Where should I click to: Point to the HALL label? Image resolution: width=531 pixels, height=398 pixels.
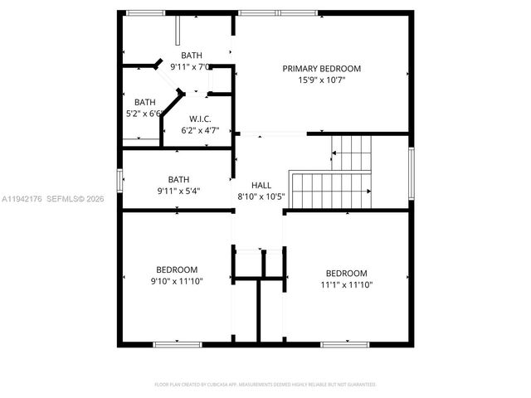click(261, 185)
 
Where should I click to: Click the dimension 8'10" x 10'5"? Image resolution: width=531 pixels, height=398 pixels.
click(261, 197)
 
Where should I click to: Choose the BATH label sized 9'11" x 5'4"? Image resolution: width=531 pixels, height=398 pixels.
click(178, 178)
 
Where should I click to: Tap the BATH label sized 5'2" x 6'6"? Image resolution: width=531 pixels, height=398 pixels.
click(145, 102)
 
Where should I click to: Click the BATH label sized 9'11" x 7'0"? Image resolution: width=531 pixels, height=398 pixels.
click(192, 55)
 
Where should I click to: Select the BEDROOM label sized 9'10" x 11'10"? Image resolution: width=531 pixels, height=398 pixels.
click(177, 269)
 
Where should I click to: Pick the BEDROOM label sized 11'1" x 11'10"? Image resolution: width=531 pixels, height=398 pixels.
click(345, 274)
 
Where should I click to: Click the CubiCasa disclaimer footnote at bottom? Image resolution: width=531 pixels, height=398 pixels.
click(265, 385)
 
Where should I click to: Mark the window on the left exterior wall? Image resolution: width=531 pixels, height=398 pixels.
click(120, 181)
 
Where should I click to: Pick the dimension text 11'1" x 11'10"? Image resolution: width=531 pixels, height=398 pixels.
click(345, 285)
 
